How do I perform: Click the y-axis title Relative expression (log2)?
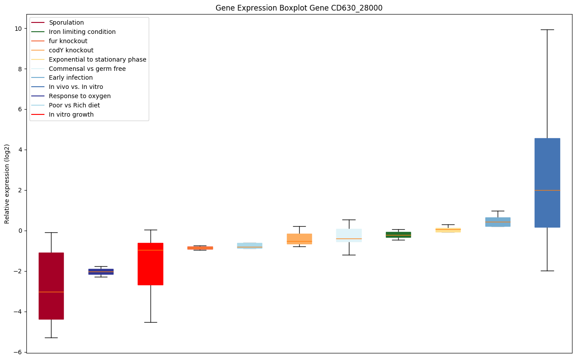click(7, 184)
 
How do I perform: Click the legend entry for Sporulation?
click(66, 22)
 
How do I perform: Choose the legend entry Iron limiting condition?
click(82, 32)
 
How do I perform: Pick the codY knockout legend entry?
click(71, 50)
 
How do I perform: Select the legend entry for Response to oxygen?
click(80, 96)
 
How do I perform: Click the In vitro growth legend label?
click(71, 114)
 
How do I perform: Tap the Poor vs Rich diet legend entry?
click(74, 105)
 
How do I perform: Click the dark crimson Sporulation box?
click(51, 286)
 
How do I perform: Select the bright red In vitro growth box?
click(150, 264)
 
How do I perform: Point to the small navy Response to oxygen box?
click(101, 272)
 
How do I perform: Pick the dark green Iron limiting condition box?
click(398, 235)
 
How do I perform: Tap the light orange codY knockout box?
click(299, 239)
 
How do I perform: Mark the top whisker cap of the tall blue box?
click(547, 29)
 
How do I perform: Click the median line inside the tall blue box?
click(547, 190)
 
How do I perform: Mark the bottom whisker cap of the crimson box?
click(51, 338)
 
